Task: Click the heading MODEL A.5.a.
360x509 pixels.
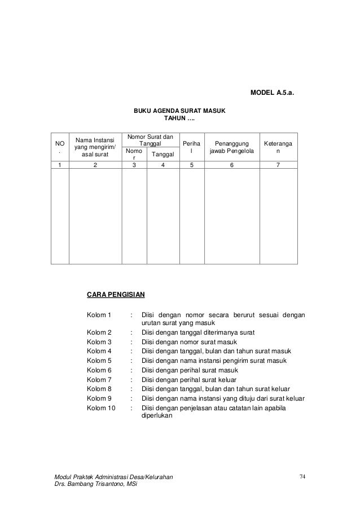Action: click(x=273, y=93)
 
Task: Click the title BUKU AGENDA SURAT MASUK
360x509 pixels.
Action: click(x=179, y=111)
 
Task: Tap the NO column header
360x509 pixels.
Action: click(x=59, y=147)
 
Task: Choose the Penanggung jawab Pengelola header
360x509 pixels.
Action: click(x=231, y=147)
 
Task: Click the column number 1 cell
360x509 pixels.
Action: click(x=59, y=166)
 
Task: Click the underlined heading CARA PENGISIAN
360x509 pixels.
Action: click(x=116, y=295)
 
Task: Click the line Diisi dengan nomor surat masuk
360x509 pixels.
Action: click(x=189, y=342)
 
